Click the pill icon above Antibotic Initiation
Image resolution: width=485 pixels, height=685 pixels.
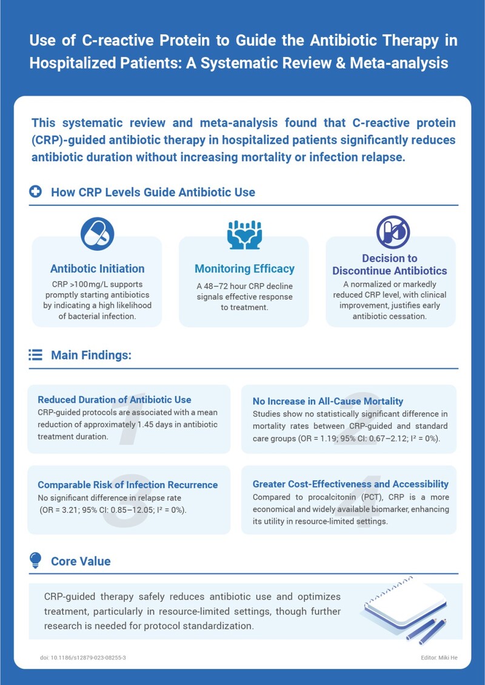tap(97, 234)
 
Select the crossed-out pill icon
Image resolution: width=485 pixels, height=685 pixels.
tap(392, 232)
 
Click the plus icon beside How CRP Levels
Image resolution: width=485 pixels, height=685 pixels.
tap(36, 192)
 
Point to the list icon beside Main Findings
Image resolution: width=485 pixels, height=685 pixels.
tap(36, 355)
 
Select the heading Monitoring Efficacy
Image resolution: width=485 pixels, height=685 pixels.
tap(244, 269)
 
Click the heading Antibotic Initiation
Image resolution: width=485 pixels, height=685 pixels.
tap(97, 268)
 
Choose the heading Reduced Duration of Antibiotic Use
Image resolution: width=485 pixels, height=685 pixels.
tap(115, 400)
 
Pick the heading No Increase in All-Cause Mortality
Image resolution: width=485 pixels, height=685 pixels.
tap(327, 401)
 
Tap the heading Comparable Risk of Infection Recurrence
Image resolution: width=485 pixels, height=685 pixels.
tap(127, 485)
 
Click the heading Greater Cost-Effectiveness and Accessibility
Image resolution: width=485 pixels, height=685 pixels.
tap(350, 484)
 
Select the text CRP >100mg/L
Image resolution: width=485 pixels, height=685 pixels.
tap(77, 283)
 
